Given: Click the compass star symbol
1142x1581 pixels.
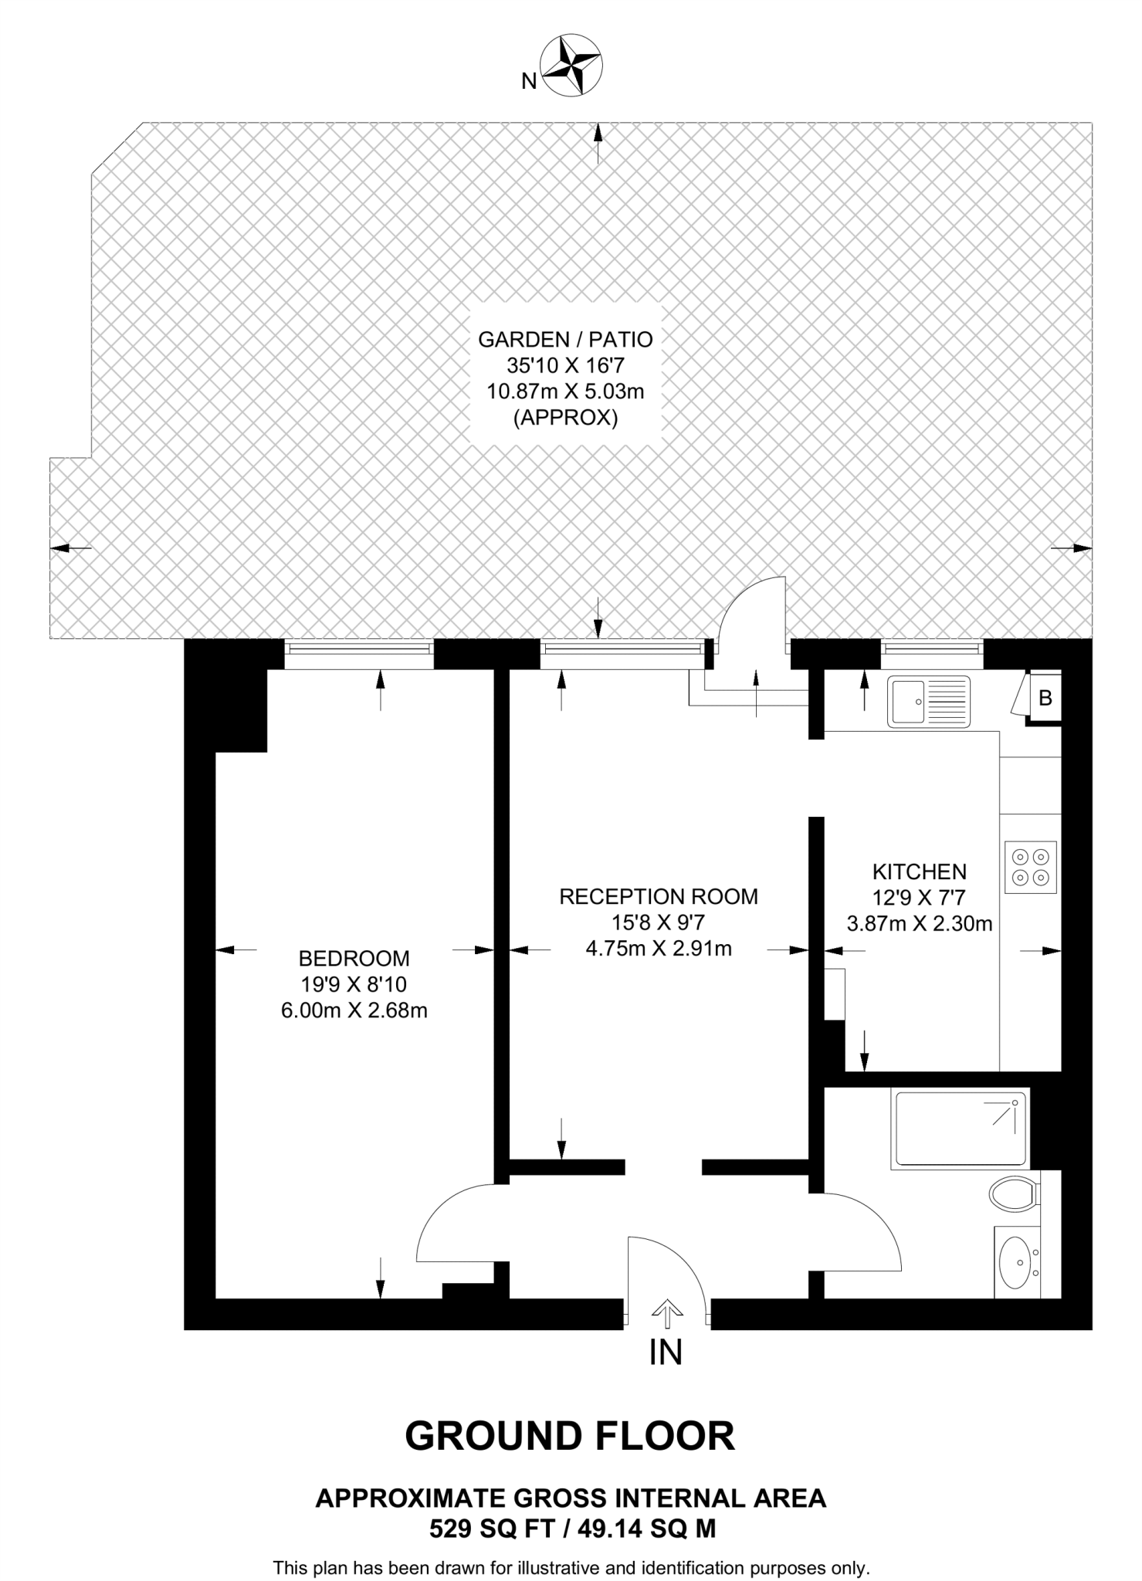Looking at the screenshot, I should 571,66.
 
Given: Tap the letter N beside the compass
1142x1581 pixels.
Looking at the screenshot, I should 529,81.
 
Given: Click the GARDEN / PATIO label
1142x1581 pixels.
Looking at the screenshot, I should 565,339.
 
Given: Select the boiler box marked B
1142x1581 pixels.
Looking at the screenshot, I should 1045,698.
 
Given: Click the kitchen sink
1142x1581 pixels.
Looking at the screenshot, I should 928,701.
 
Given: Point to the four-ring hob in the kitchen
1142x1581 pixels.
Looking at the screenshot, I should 1031,867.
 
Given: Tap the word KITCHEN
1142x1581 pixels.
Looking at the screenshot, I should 919,872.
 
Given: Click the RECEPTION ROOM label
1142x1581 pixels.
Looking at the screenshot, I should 658,896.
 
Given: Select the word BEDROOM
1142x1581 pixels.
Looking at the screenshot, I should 354,959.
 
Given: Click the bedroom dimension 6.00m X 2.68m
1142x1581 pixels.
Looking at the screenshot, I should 354,1011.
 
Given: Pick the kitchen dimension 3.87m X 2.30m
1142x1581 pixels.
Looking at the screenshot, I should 919,923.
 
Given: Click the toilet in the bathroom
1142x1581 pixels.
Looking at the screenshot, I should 1014,1194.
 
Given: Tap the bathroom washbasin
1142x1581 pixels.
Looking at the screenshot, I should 1018,1263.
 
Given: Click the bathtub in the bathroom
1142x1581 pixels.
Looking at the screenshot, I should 960,1129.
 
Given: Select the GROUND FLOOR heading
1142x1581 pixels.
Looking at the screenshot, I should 570,1436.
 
